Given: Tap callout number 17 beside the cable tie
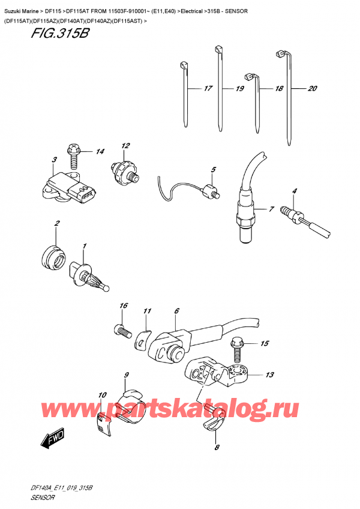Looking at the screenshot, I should [208, 89].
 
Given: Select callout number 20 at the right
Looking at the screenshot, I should [312, 88].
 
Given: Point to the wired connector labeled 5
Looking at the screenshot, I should [211, 191].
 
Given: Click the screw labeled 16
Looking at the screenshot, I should [122, 330].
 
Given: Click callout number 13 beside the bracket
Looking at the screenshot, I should [270, 375].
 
